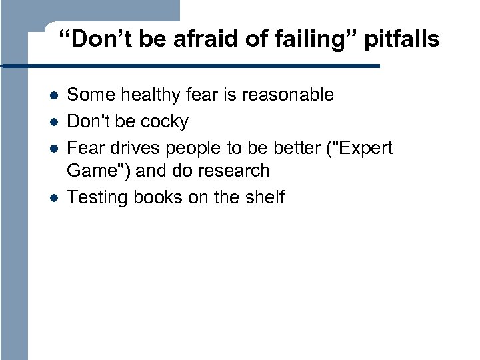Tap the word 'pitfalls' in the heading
coord(401,40)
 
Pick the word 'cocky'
coord(164,122)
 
